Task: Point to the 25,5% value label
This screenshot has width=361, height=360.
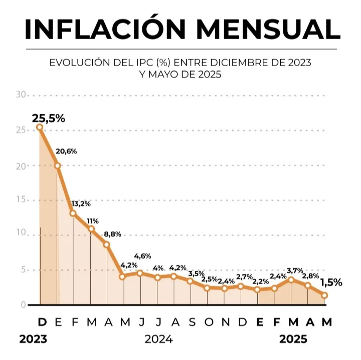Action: point(48,119)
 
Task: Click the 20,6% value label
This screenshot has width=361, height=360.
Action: point(66,151)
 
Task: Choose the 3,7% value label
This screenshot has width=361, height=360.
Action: point(295,271)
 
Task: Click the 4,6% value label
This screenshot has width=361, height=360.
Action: point(143,256)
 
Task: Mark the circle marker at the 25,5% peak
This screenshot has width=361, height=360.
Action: point(40,127)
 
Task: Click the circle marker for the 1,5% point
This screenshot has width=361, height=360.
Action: point(325,295)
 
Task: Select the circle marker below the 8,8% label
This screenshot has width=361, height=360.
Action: point(107,245)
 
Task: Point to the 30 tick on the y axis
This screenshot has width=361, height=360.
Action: point(21,94)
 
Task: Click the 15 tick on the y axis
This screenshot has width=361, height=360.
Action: point(21,200)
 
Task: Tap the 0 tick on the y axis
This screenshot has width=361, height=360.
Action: point(23,304)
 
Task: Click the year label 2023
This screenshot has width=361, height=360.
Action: point(33,339)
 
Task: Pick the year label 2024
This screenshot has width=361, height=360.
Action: point(158,339)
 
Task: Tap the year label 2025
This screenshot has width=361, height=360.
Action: point(293,339)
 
